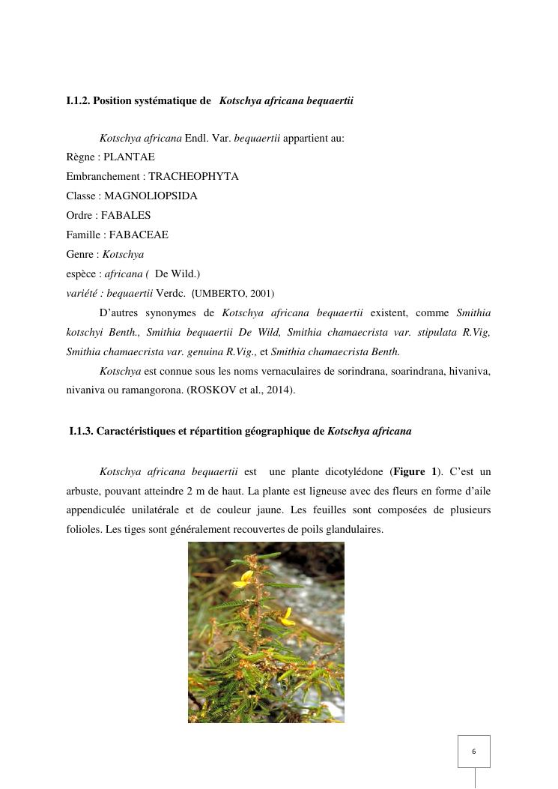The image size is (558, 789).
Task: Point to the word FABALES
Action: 126,215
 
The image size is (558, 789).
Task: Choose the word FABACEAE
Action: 139,235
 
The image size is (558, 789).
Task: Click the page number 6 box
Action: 473,751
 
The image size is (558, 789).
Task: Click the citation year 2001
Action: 264,294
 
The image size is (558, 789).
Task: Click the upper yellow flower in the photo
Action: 243,578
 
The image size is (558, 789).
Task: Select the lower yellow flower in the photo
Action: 287,617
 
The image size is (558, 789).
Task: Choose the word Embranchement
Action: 102,176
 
